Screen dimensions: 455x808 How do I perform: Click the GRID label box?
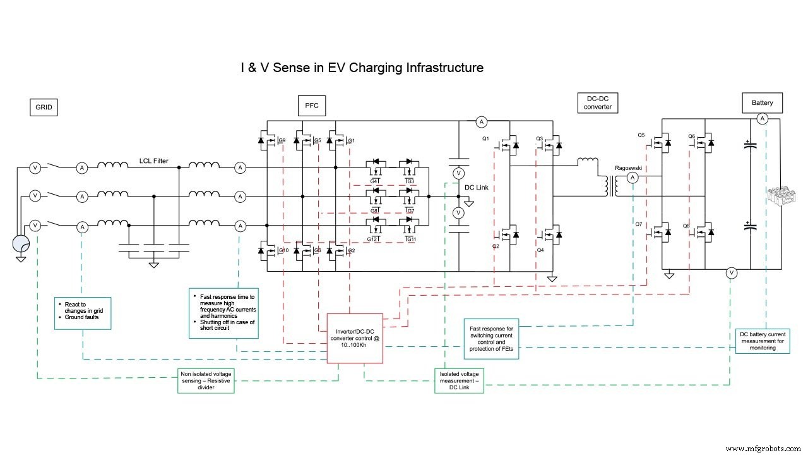[x=44, y=108]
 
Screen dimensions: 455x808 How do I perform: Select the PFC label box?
[x=312, y=106]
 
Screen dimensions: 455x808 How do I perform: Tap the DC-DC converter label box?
[x=597, y=102]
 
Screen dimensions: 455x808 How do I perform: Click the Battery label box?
[x=762, y=103]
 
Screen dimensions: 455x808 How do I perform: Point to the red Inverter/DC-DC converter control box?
[x=355, y=338]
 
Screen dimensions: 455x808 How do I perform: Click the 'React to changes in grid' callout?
[x=82, y=313]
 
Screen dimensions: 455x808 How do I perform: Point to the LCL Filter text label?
[x=154, y=161]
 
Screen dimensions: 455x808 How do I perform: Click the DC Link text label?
[x=477, y=188]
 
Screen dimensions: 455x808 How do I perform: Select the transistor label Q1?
[x=485, y=138]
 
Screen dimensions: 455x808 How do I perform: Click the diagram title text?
[x=362, y=67]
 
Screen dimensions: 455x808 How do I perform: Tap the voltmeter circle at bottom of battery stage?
[x=731, y=273]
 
